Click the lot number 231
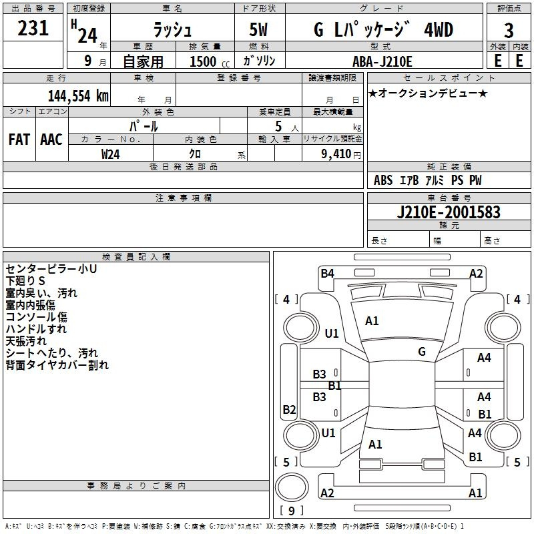tap(33, 28)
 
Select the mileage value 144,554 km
tap(78, 96)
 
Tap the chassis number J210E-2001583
tap(449, 212)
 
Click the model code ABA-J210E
tap(382, 61)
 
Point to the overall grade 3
tap(509, 31)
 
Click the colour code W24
tap(110, 154)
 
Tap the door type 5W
tap(258, 29)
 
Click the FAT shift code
tap(19, 140)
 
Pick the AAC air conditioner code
tap(51, 140)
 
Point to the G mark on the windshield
tap(422, 351)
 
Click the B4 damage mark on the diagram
tap(327, 273)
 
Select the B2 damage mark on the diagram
tap(289, 409)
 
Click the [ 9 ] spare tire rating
tap(292, 511)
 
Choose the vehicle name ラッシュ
tap(172, 29)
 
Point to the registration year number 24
tap(87, 35)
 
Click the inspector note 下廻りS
tap(25, 281)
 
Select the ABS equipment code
tap(383, 180)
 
